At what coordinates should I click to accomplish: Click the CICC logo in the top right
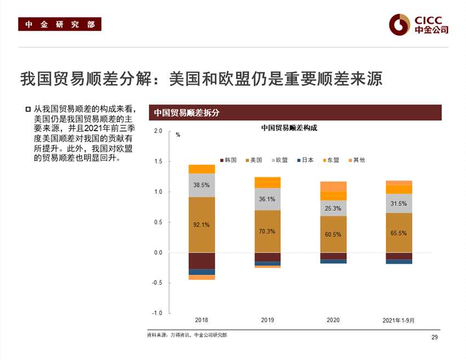(x=419, y=23)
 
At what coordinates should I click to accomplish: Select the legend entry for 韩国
(x=228, y=160)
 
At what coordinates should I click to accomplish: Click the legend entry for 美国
(x=253, y=160)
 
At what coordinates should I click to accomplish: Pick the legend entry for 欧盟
(x=279, y=160)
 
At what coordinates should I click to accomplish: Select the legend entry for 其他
(x=356, y=160)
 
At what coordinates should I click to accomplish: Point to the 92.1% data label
(x=202, y=224)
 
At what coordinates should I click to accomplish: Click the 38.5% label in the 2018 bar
(x=202, y=185)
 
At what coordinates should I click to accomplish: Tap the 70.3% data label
(x=267, y=232)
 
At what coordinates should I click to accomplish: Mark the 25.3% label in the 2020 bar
(x=333, y=209)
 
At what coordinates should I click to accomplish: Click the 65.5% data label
(x=399, y=233)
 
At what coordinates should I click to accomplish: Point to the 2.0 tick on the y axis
(x=158, y=131)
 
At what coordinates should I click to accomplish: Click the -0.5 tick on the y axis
(x=158, y=283)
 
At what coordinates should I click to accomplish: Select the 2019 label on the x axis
(x=268, y=320)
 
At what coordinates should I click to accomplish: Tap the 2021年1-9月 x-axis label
(x=399, y=320)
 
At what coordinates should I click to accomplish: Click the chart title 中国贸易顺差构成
(x=289, y=128)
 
